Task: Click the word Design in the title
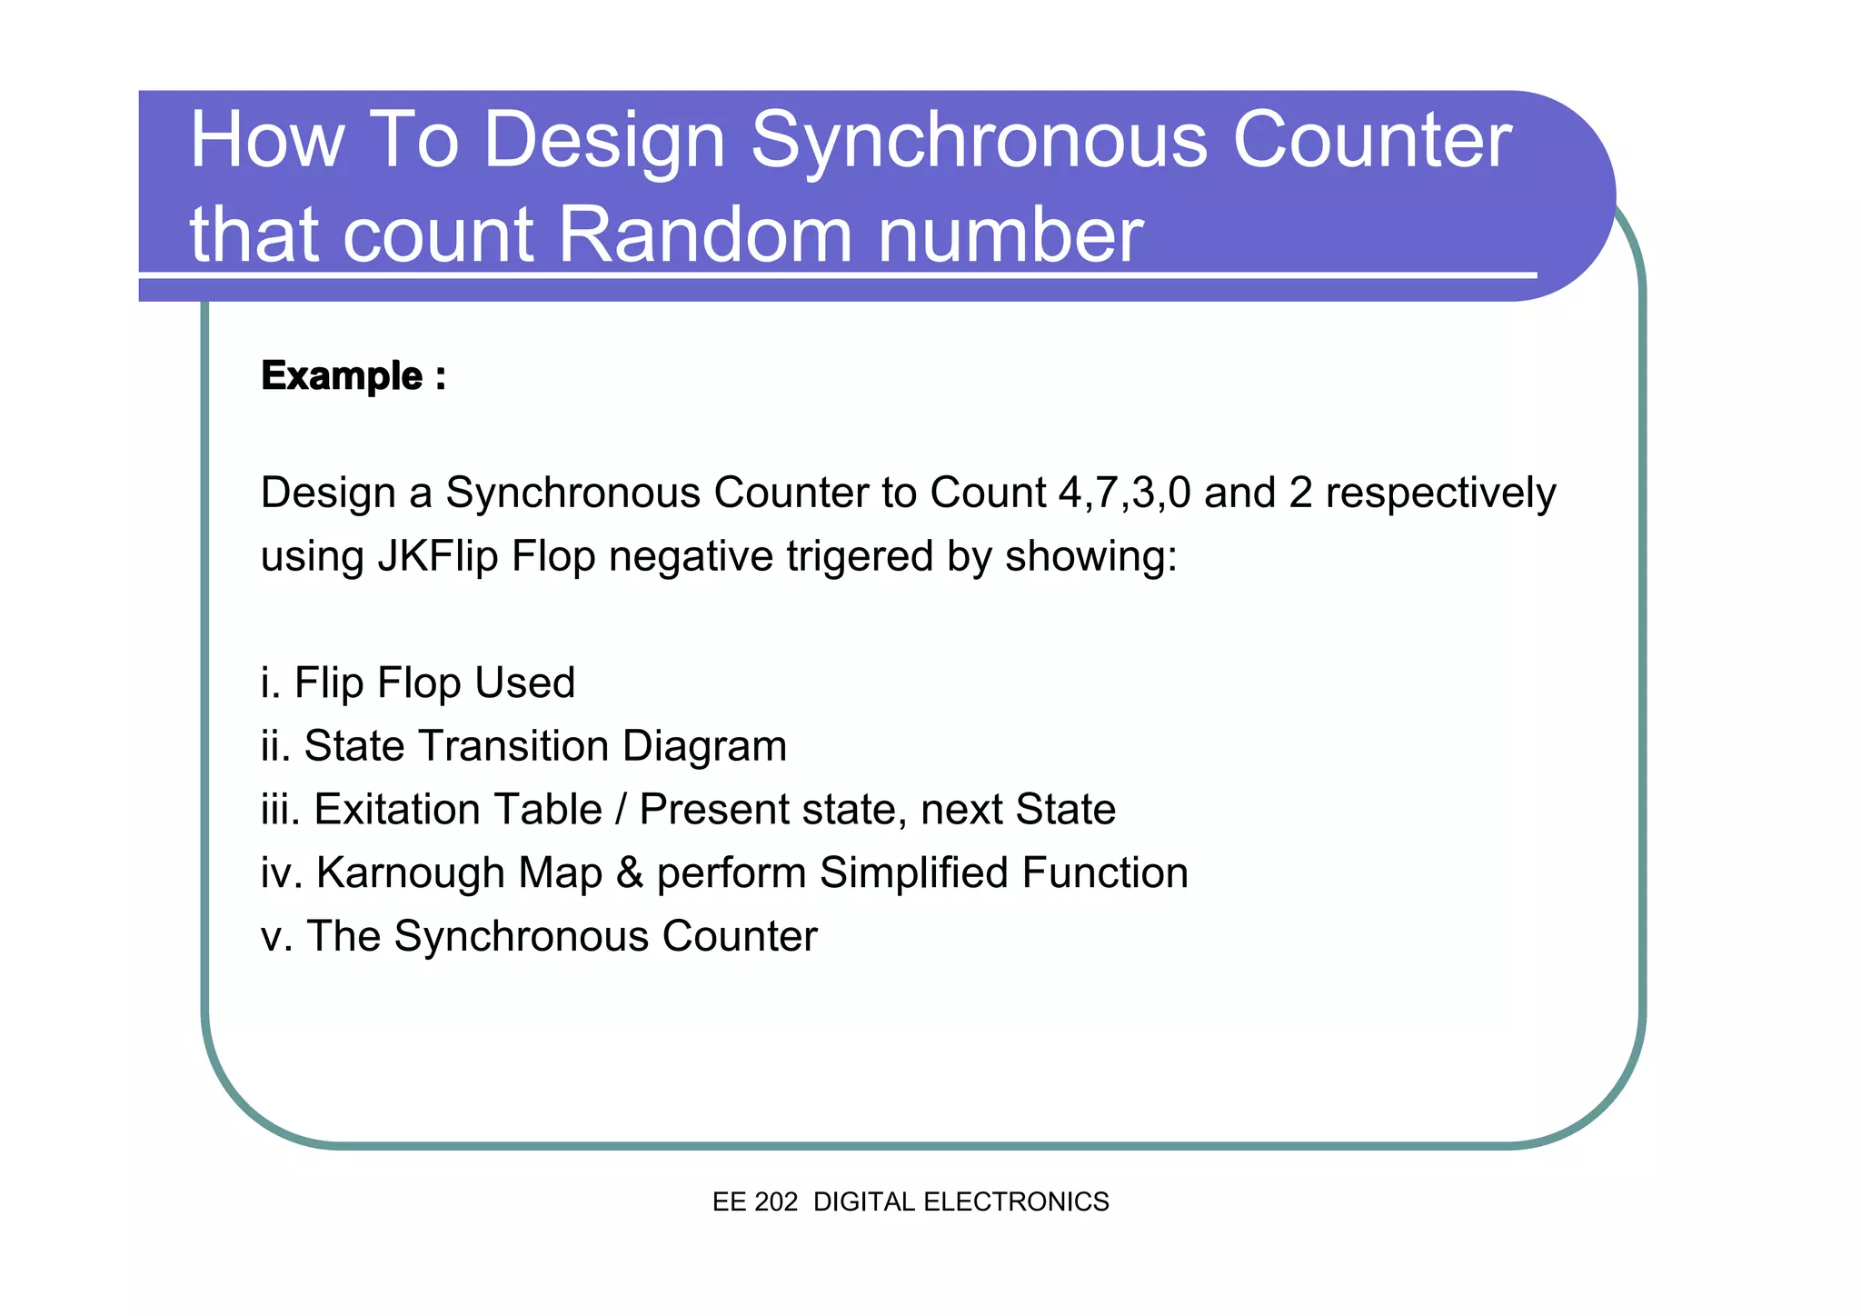tap(603, 143)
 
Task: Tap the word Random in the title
tap(704, 234)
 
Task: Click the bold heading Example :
tap(353, 376)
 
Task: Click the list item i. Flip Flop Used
tap(418, 683)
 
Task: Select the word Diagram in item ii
tap(704, 746)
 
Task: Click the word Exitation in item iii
tap(458, 809)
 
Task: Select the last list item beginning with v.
tap(539, 936)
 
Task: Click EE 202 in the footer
tap(754, 1201)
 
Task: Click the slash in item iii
tap(621, 809)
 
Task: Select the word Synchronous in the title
tap(979, 143)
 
